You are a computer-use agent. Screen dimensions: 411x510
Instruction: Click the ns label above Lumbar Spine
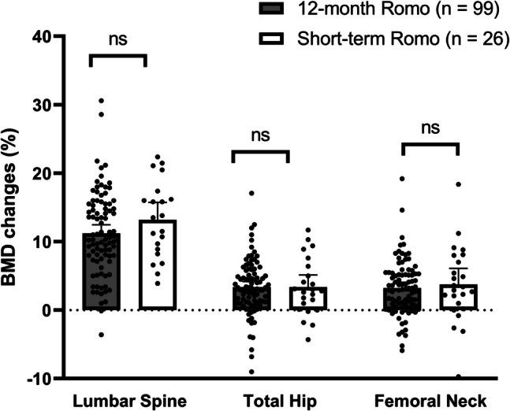point(117,37)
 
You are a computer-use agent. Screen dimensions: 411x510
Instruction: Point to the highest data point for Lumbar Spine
point(101,101)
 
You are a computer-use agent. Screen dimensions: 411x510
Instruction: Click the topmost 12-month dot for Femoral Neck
point(402,179)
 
